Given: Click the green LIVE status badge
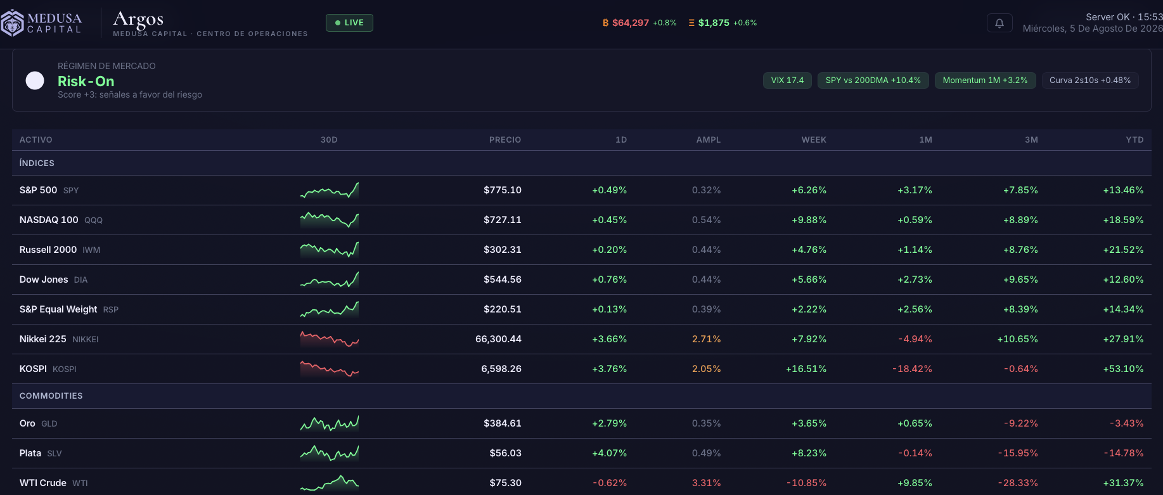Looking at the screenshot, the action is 349,23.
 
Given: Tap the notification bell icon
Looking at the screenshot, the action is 999,23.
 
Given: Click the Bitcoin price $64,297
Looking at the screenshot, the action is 631,23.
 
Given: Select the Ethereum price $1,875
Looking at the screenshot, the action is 714,23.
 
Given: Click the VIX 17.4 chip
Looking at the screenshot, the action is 787,80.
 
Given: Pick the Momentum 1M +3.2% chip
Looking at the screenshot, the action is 985,80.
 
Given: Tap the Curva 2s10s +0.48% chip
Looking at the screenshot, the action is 1090,80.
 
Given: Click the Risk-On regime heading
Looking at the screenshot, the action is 86,81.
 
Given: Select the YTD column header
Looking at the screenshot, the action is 1134,140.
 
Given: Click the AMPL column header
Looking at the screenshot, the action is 709,140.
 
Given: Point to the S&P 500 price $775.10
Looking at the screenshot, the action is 503,190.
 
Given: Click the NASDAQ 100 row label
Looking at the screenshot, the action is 49,220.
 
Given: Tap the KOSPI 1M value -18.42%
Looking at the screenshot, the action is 912,369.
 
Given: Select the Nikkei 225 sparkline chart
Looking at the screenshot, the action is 330,339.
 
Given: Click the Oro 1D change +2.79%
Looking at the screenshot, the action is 609,423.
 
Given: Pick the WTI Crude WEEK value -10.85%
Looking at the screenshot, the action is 806,483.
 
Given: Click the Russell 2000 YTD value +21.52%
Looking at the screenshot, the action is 1123,250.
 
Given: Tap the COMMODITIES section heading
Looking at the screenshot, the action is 51,396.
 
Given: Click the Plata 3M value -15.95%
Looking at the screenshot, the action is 1018,453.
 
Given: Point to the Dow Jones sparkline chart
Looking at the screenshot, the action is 330,280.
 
